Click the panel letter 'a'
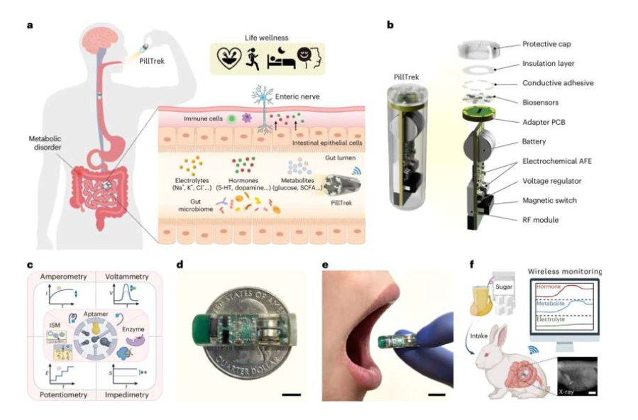[30, 25]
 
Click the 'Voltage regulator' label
[537, 181]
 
